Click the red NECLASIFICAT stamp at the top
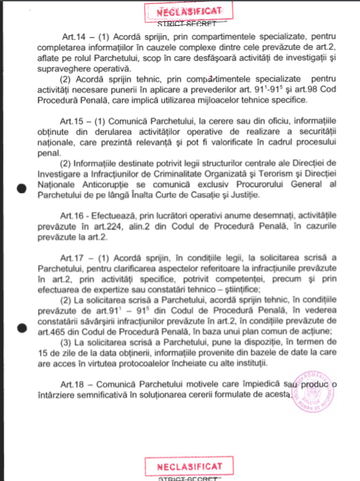click(x=185, y=10)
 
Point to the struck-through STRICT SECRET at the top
click(x=185, y=24)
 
